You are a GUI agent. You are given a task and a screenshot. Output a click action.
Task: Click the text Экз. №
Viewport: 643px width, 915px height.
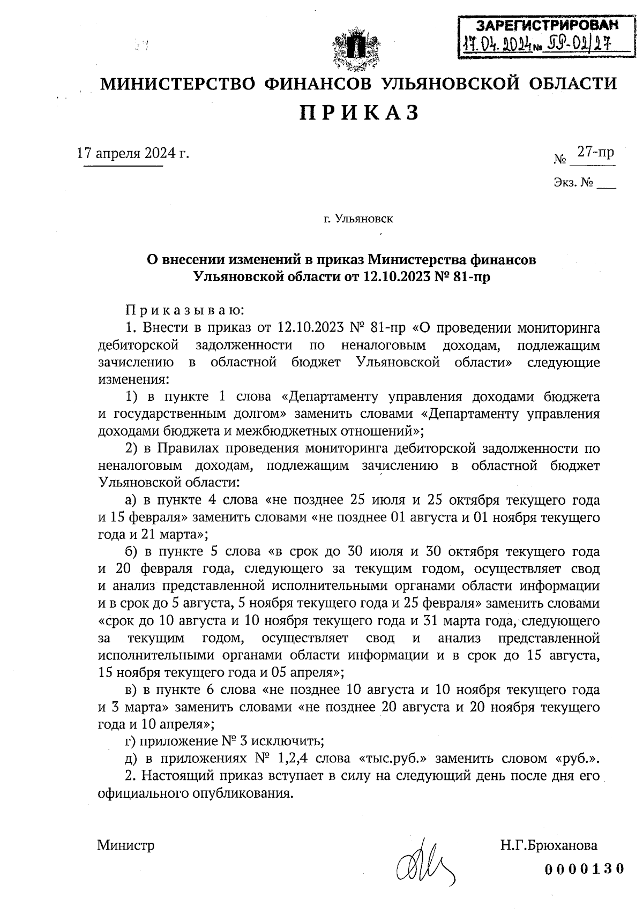coord(574,183)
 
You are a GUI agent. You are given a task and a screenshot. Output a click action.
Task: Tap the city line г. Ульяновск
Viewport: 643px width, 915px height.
coord(358,219)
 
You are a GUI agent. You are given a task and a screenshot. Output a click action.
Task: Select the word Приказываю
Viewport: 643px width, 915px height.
coord(185,310)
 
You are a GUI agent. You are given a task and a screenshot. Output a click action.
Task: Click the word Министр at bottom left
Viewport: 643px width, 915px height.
coord(126,846)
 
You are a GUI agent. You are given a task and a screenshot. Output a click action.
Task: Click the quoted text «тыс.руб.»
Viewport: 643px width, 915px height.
coord(392,759)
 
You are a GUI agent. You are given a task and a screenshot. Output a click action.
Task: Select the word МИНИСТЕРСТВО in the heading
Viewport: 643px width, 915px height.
coord(180,84)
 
